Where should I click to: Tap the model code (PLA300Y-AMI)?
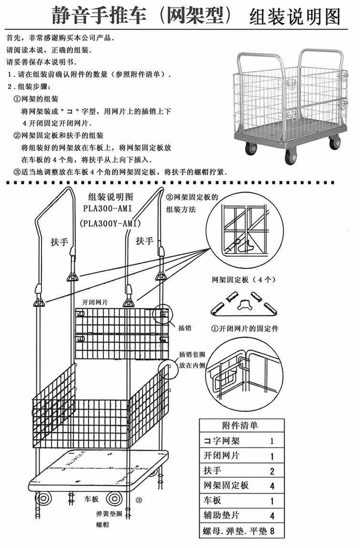[111, 223]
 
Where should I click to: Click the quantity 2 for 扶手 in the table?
[272, 472]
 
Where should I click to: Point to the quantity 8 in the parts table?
[272, 530]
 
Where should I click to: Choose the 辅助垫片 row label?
[219, 516]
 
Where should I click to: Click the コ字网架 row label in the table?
[219, 441]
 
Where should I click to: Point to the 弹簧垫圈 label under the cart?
[106, 515]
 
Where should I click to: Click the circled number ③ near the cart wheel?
[139, 500]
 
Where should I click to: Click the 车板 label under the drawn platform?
[92, 499]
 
